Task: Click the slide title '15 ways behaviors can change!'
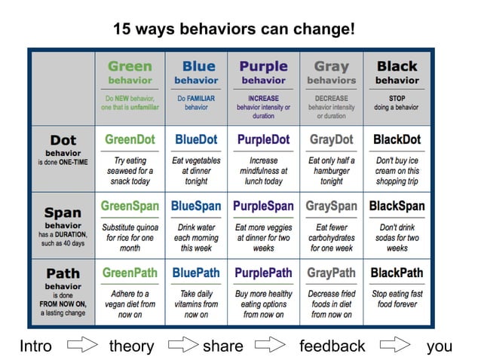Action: point(233,29)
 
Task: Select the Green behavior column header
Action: point(130,72)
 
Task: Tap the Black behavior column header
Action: point(397,72)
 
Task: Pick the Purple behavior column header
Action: point(263,72)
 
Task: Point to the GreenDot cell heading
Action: point(130,139)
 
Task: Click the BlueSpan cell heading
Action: point(196,206)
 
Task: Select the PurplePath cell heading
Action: point(263,272)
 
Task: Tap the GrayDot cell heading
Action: point(331,139)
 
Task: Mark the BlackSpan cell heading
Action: point(397,206)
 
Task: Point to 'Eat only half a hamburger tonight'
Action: point(331,171)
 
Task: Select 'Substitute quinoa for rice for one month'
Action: point(130,236)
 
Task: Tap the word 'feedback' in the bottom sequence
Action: point(332,346)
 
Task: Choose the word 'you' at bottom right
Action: point(439,346)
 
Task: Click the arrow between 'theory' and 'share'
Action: point(182,346)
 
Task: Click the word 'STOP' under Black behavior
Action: point(397,98)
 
